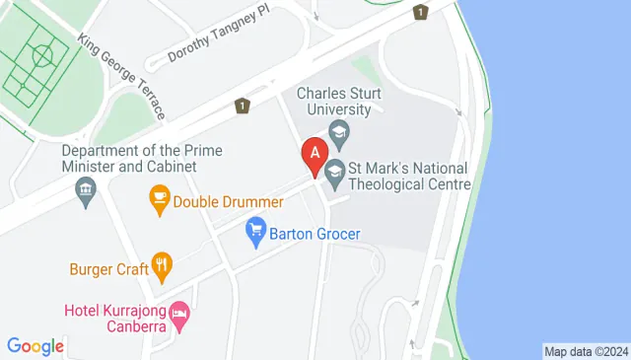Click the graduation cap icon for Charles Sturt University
click(339, 131)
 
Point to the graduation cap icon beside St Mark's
click(335, 170)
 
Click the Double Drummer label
click(228, 201)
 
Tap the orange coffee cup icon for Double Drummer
click(159, 200)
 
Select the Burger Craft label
click(107, 267)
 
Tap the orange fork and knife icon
click(163, 265)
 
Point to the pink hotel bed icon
click(179, 316)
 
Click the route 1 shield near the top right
click(421, 12)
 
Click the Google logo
click(35, 346)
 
